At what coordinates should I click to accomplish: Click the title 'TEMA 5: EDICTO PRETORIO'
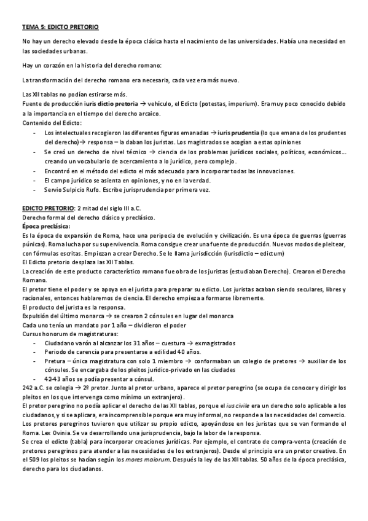point(60,28)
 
